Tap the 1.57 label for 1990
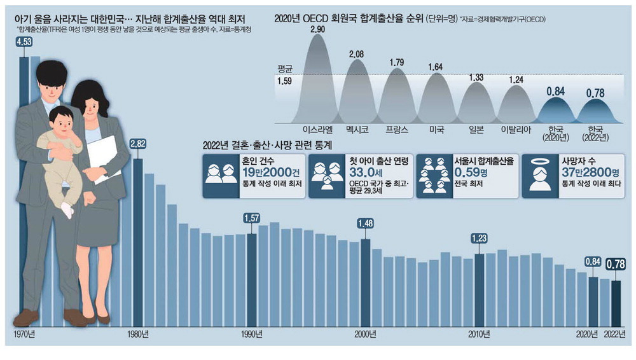(x=252, y=219)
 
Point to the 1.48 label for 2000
(x=366, y=224)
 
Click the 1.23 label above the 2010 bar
(x=480, y=239)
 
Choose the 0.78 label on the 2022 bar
(x=615, y=263)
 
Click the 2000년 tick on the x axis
(x=366, y=334)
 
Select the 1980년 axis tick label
(x=138, y=334)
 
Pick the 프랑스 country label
(x=397, y=128)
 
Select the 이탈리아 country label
(x=515, y=128)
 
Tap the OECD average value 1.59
(x=284, y=81)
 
